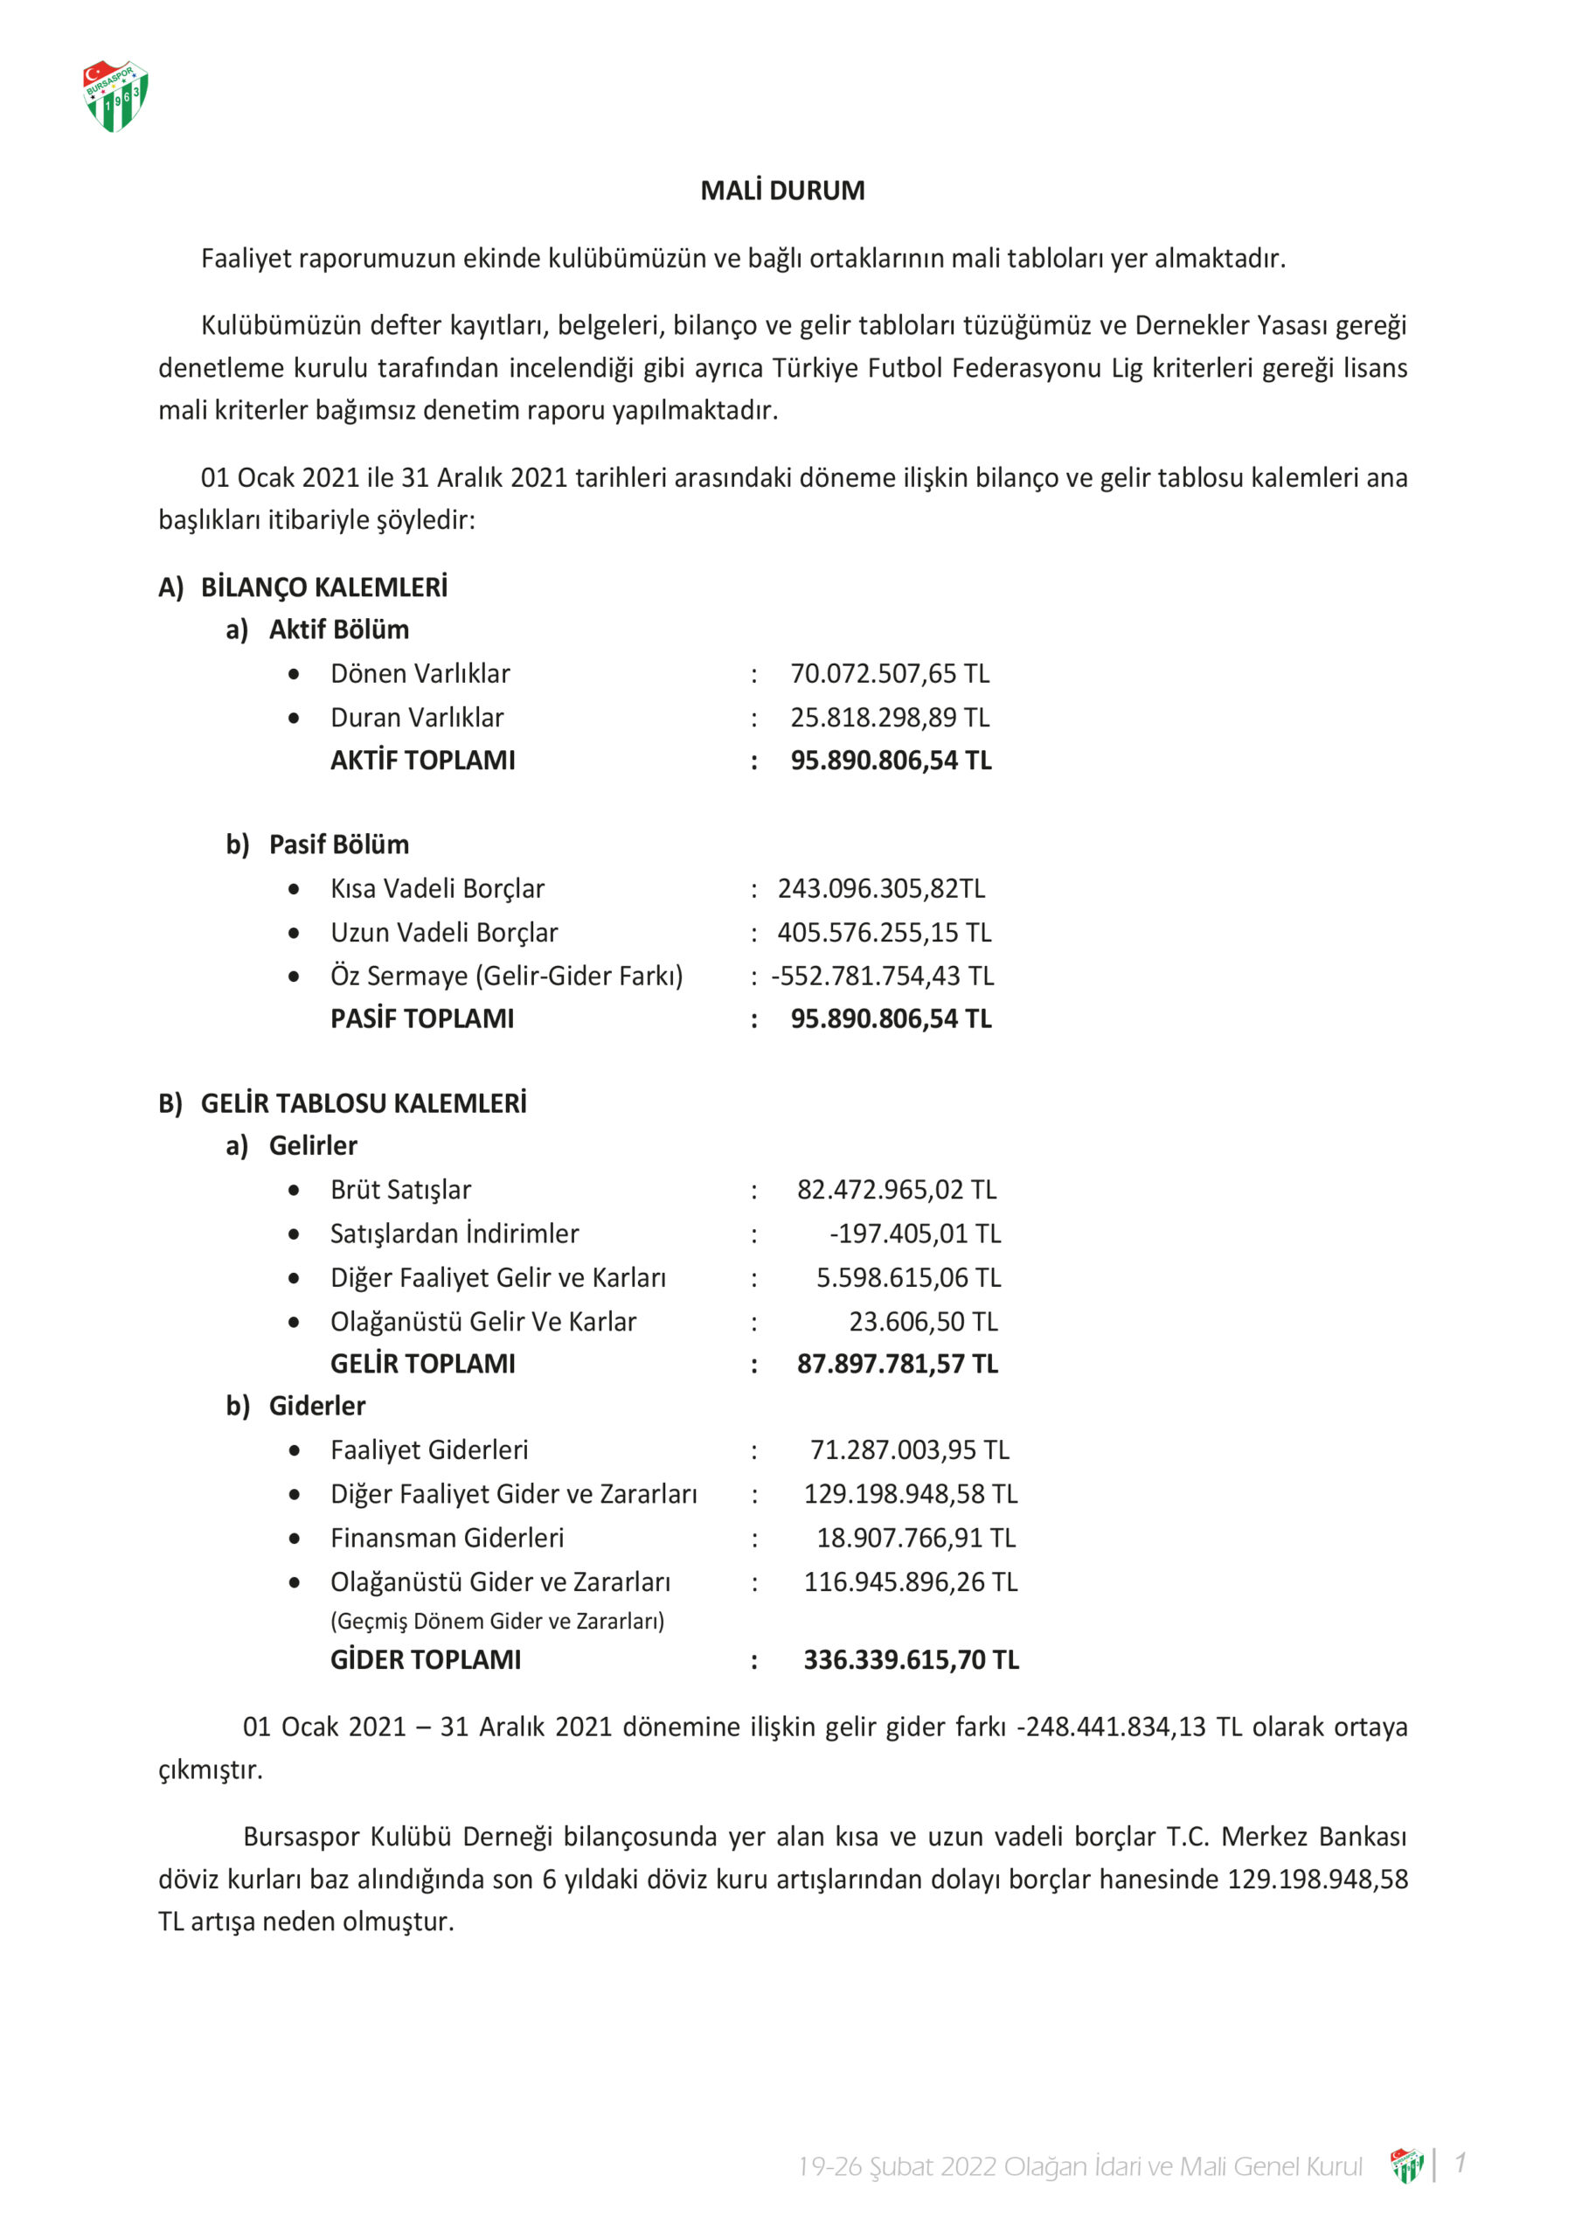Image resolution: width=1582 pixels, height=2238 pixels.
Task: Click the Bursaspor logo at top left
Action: [115, 95]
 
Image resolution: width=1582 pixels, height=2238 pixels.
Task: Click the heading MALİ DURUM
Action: [781, 190]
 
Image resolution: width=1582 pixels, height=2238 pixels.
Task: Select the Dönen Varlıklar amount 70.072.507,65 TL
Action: [889, 673]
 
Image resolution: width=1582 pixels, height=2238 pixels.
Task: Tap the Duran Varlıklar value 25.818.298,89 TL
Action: [889, 718]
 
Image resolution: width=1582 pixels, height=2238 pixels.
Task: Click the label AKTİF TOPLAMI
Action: [422, 761]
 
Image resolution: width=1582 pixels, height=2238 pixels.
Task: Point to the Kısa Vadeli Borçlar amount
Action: [881, 889]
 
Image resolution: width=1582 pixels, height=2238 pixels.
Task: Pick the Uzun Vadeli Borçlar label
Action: [443, 933]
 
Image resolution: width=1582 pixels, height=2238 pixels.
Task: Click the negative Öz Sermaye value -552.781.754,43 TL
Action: [882, 976]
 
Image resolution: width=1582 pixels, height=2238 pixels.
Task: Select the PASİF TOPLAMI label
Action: [421, 1018]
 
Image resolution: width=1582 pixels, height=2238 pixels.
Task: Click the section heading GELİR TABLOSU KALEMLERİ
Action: [363, 1103]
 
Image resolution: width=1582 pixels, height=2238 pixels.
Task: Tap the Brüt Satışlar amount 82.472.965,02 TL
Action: [897, 1190]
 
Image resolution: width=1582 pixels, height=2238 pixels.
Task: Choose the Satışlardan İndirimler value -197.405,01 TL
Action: [914, 1234]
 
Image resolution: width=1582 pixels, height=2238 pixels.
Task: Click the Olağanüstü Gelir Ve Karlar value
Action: [923, 1322]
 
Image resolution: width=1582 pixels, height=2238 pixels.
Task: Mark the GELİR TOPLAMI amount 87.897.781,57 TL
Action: [897, 1364]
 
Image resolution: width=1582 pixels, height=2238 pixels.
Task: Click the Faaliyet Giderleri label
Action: [429, 1450]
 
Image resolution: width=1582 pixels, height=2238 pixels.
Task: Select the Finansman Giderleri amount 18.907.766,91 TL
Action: [915, 1538]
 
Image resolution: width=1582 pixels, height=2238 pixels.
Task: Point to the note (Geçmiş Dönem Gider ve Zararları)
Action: [497, 1621]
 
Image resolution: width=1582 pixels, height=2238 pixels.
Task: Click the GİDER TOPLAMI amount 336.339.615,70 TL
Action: [911, 1660]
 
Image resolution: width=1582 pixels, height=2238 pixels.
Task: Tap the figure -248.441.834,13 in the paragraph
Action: [1111, 1727]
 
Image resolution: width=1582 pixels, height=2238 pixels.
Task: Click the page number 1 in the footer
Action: [1459, 2163]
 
